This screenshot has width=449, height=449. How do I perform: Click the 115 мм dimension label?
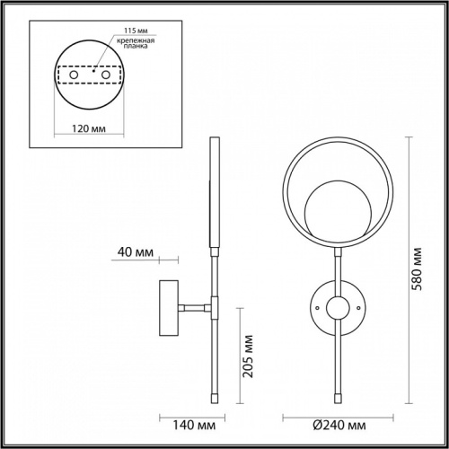[136, 31]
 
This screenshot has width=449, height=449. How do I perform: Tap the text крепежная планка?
[136, 43]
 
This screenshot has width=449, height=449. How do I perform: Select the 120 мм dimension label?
[89, 128]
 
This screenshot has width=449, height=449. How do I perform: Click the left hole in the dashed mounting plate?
[74, 75]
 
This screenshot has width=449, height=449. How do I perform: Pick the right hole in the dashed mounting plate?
[106, 75]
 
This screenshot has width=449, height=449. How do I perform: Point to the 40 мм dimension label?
[136, 252]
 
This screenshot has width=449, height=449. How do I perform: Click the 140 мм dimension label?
[194, 425]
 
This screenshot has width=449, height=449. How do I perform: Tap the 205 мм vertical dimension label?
[248, 357]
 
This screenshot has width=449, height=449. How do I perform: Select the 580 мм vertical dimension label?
[417, 269]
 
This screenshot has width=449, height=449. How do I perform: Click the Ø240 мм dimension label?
[339, 425]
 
